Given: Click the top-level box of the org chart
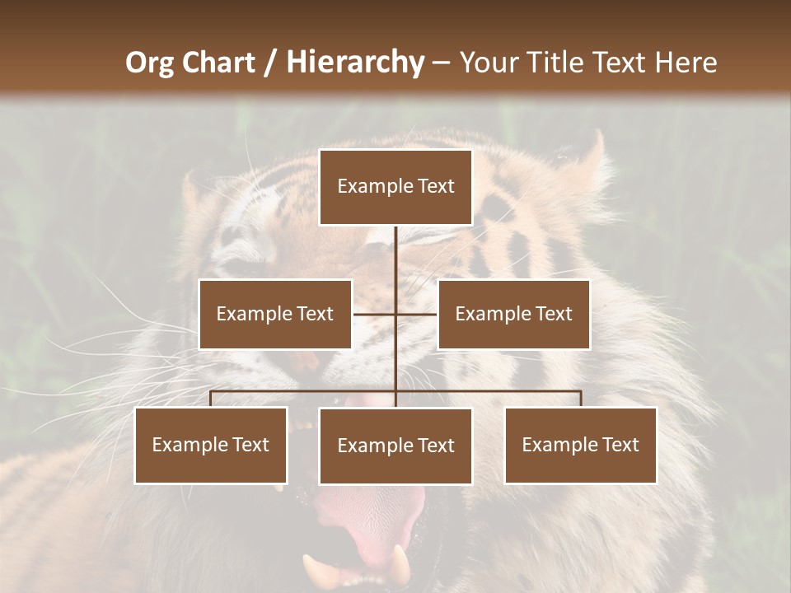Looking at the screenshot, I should tap(395, 187).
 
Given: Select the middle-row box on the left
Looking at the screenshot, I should tap(275, 314).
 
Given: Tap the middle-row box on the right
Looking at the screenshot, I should tap(513, 314).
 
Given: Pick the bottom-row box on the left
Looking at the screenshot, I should tap(211, 445).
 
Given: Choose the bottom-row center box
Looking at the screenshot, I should tap(395, 446).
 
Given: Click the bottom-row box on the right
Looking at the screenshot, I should tap(580, 445).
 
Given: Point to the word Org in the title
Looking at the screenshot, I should tap(149, 63).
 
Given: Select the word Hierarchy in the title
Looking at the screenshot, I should tap(354, 63).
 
